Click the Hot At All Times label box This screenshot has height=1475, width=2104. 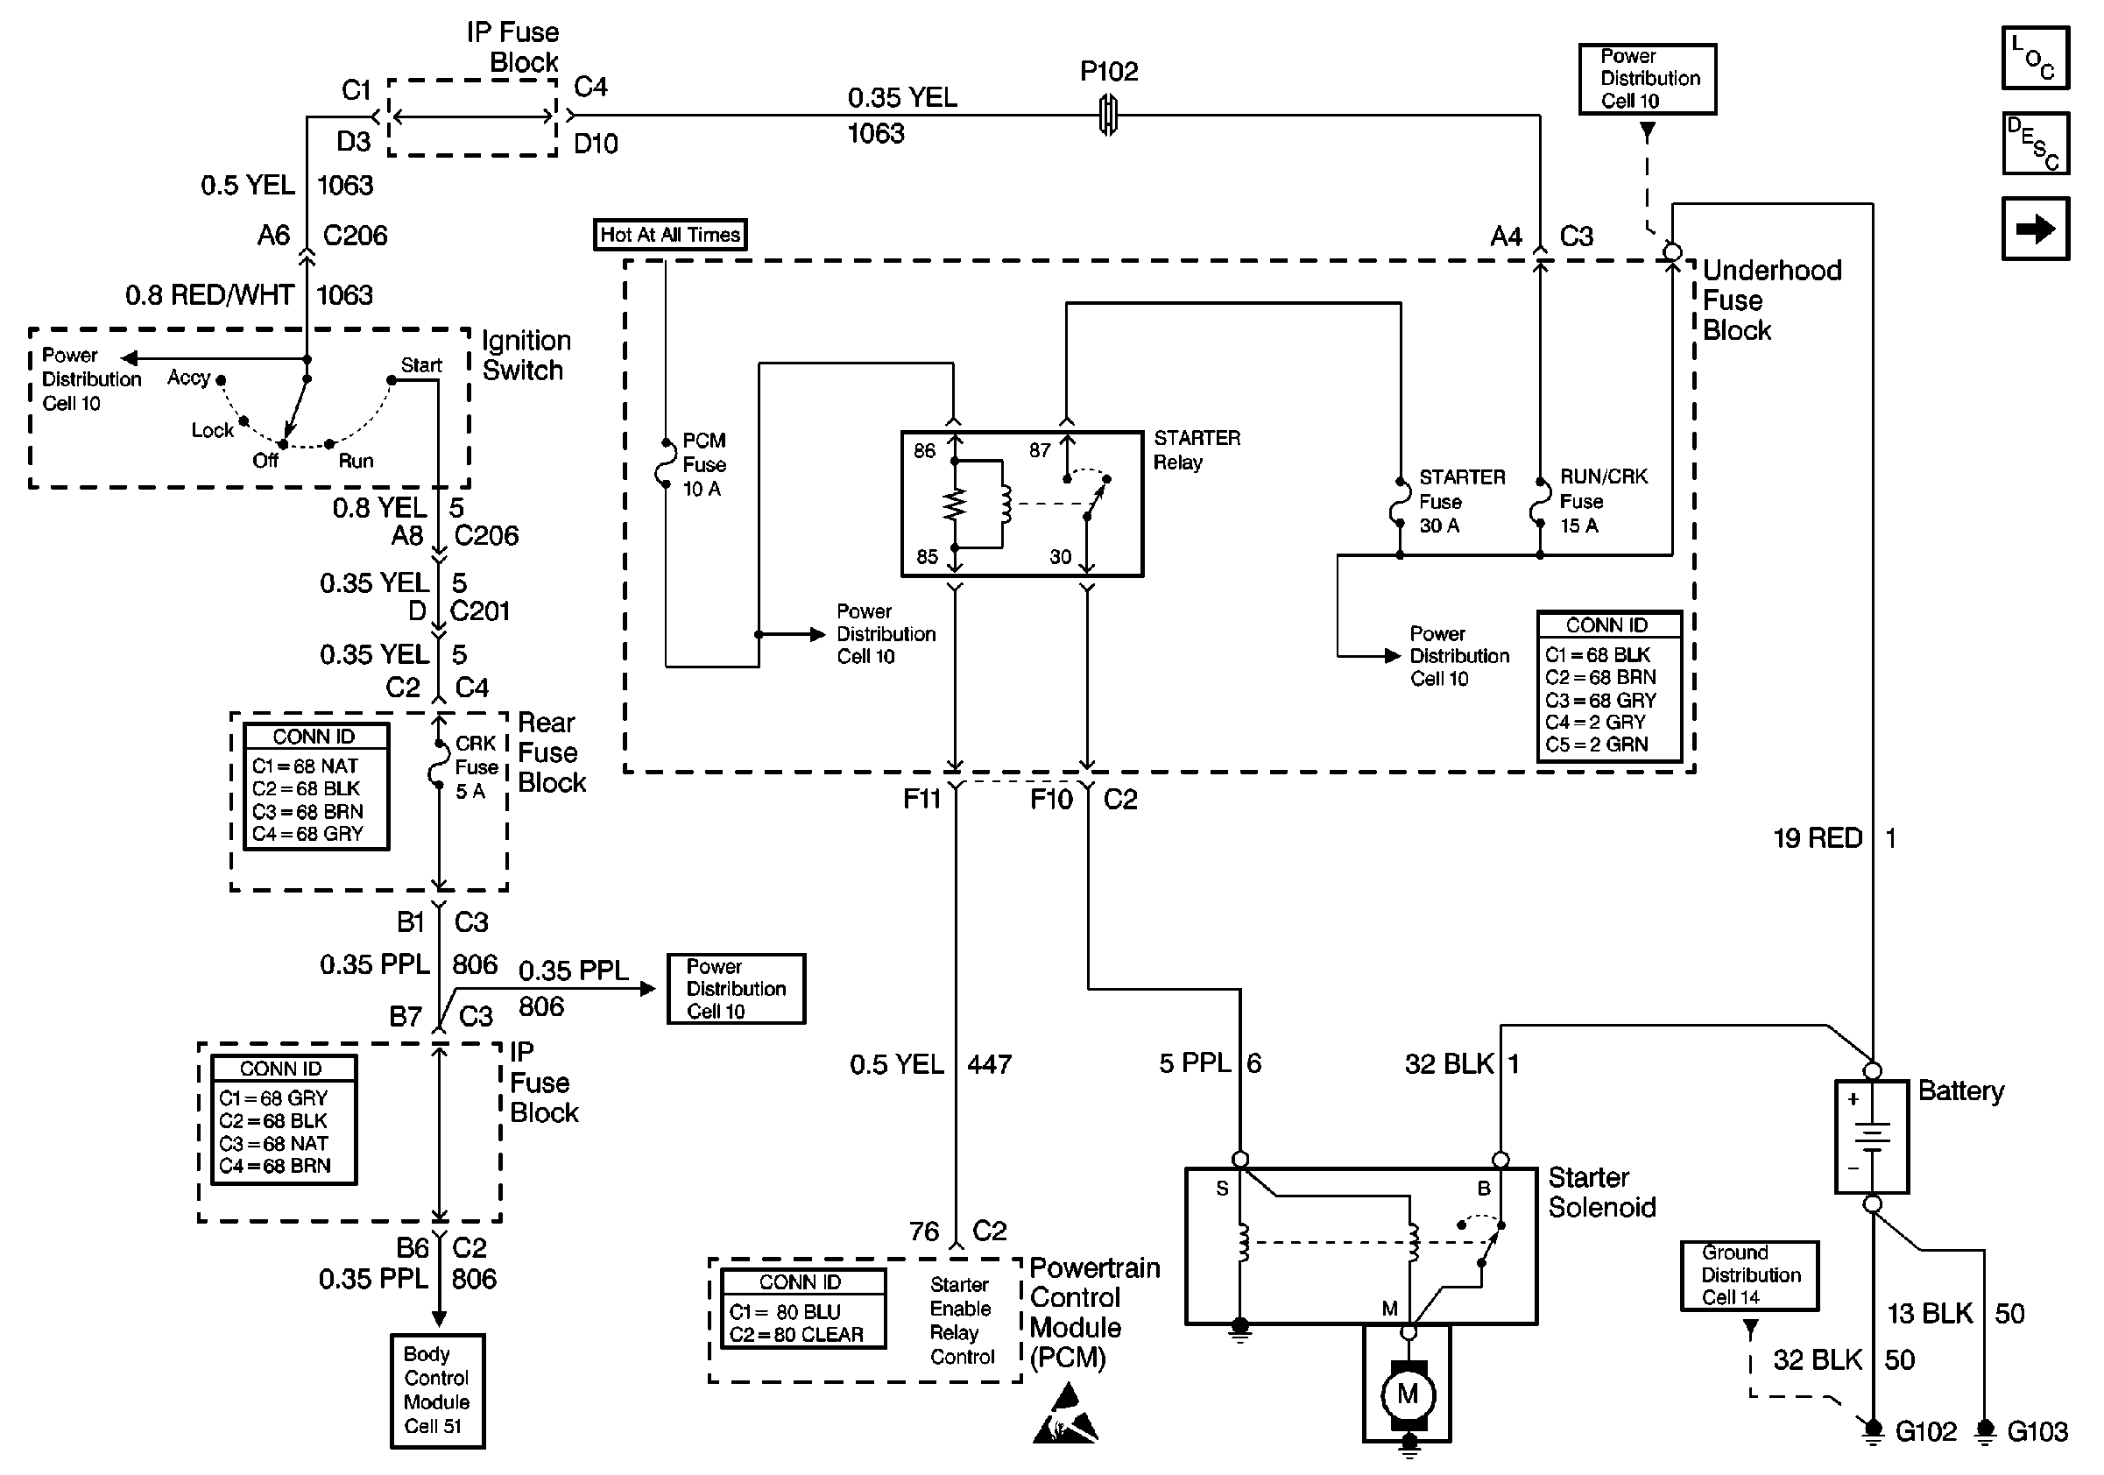tap(670, 235)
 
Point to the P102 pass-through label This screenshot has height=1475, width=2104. tap(1109, 72)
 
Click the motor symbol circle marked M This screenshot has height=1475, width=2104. tap(1408, 1394)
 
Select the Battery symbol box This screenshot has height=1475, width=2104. tap(1871, 1136)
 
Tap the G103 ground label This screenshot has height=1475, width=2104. tap(2037, 1431)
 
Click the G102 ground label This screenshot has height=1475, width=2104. tap(1925, 1431)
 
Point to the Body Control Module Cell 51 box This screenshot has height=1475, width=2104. tap(437, 1390)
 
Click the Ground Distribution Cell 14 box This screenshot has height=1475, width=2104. tap(1749, 1274)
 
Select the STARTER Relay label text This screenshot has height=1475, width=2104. tap(1196, 450)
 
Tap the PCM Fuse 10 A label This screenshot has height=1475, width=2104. tap(703, 464)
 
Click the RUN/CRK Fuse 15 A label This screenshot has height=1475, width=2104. tap(1603, 500)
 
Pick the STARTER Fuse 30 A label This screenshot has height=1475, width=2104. tap(1461, 501)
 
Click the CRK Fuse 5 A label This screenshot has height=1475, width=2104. tap(477, 766)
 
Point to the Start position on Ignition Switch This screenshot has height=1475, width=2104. tap(420, 364)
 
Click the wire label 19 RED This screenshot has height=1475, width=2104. tap(1818, 837)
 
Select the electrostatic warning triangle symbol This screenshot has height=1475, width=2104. tap(1065, 1415)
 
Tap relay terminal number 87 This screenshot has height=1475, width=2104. tap(1039, 450)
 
